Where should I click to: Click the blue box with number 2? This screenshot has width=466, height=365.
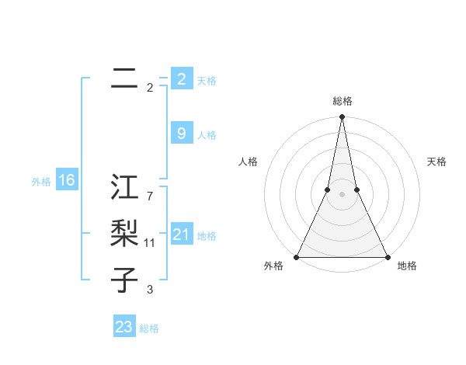coord(181,78)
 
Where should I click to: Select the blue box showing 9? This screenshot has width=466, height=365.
coord(181,134)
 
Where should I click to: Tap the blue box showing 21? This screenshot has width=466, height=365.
coord(181,235)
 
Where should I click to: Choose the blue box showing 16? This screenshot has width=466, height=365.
coord(67,181)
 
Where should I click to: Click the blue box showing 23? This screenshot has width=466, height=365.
coord(124,327)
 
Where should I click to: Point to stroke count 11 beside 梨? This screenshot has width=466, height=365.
coord(150,243)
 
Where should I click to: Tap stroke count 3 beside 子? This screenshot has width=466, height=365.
coord(150,290)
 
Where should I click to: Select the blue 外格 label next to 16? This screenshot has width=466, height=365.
coord(41,182)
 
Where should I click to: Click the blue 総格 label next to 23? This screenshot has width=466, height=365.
coord(149,328)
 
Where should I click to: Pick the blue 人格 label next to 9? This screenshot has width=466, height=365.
coord(207,135)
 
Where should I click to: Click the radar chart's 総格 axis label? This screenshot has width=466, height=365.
coord(342,101)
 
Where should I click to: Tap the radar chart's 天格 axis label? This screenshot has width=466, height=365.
coord(436,162)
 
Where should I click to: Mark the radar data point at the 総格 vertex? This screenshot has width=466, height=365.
coord(342,117)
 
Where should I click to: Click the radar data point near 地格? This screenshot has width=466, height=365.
coord(387,257)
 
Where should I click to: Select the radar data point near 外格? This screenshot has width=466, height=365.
coord(297,257)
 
